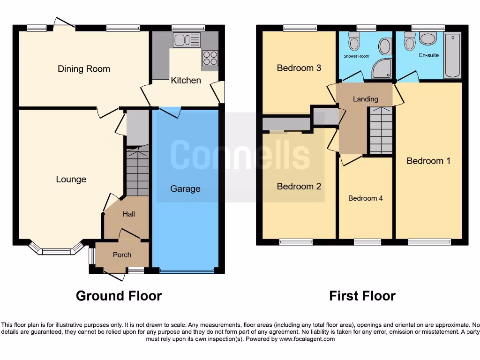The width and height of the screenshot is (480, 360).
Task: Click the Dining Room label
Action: click(x=84, y=69)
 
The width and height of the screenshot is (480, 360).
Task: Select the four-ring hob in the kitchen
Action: click(x=210, y=58)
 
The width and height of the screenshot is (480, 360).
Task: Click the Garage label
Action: click(x=185, y=189)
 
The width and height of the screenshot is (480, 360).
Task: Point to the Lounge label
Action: click(x=71, y=179)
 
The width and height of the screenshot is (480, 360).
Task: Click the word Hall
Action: click(x=129, y=214)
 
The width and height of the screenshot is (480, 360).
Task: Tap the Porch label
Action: click(x=122, y=255)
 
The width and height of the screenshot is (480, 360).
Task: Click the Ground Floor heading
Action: click(x=119, y=296)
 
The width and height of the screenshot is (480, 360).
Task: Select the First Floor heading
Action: click(x=362, y=296)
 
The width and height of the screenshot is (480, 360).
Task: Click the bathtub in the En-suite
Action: click(x=452, y=56)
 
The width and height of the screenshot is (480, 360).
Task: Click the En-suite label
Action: click(x=428, y=55)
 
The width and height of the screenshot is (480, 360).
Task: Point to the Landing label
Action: click(x=365, y=99)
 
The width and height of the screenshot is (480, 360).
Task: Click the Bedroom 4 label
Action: click(x=365, y=198)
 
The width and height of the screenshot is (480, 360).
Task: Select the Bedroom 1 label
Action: click(x=428, y=161)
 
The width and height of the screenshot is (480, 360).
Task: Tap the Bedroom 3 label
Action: click(x=299, y=68)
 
